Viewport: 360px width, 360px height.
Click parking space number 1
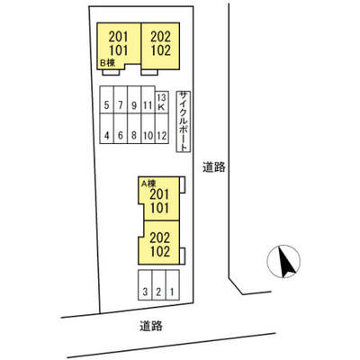(173, 285)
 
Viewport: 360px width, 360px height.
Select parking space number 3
(145, 285)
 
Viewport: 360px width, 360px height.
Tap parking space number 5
(107, 100)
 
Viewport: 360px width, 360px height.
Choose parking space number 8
(134, 129)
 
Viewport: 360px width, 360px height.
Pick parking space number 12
(161, 129)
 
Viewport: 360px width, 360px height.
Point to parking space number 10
(148, 129)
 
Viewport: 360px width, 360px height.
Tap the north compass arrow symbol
(283, 261)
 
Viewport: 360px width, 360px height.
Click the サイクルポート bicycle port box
(184, 121)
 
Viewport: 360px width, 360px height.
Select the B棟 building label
(107, 63)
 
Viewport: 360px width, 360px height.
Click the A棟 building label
(148, 183)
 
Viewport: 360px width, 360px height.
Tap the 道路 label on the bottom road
(151, 326)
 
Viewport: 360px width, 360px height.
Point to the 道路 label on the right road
(214, 167)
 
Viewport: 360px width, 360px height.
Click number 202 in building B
(161, 37)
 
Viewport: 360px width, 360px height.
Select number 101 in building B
(119, 50)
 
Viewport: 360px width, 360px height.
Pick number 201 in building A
(159, 194)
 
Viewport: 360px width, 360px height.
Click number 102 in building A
(160, 251)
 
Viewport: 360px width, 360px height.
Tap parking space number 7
(121, 100)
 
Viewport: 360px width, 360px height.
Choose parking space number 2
(159, 285)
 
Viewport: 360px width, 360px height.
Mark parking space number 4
(107, 129)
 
